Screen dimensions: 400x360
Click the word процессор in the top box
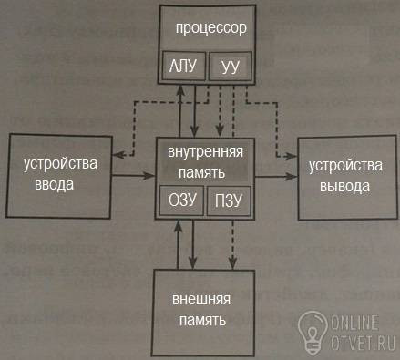tap(211, 29)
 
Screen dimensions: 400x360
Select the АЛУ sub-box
tap(184, 66)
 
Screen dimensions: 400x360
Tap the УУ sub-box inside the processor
tap(231, 67)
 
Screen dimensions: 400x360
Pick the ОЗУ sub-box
tap(181, 201)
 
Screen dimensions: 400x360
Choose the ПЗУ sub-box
tap(229, 201)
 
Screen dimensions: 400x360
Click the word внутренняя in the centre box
tap(206, 151)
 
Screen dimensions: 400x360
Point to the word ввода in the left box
tap(54, 184)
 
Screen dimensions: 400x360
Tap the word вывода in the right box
tap(344, 186)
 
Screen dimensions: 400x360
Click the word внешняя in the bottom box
tap(201, 299)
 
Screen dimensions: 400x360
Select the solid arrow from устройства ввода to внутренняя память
tap(133, 175)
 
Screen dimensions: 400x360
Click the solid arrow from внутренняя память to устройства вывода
tap(276, 176)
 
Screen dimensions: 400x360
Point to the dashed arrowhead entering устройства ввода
tap(118, 155)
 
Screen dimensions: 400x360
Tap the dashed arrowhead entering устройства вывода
tap(291, 157)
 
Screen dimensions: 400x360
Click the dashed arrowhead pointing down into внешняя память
tap(232, 263)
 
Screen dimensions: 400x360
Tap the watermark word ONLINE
tap(354, 323)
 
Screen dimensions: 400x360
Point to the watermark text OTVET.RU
tap(363, 343)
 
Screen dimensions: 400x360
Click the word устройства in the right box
tap(345, 166)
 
